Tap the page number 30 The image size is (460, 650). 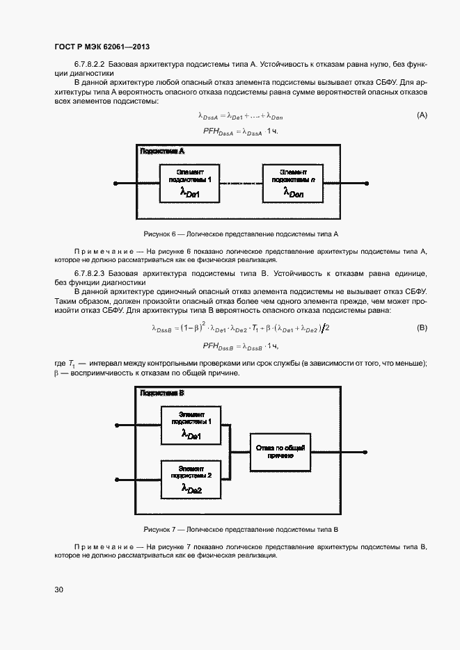pos(59,590)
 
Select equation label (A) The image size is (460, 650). pos(422,115)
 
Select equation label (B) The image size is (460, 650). pos(422,327)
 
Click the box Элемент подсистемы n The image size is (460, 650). pos(292,184)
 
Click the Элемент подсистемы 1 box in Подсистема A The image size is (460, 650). pos(191,184)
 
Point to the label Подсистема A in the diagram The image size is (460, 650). pos(162,151)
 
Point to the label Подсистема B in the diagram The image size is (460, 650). pos(162,393)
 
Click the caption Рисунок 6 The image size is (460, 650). pos(240,234)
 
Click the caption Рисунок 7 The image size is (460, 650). pos(240,529)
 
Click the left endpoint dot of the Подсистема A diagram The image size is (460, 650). pos(115,184)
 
